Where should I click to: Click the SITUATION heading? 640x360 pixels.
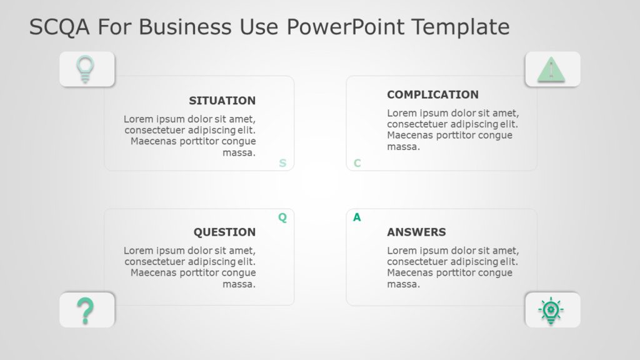click(222, 101)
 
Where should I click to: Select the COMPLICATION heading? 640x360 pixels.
click(432, 94)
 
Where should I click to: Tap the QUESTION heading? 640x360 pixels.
click(224, 232)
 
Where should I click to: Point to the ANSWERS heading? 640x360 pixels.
click(416, 232)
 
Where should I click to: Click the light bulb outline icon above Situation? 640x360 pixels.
click(85, 69)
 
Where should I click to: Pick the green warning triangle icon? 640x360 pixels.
click(551, 69)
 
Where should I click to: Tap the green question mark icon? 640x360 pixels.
click(85, 310)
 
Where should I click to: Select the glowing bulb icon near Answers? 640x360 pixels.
click(551, 310)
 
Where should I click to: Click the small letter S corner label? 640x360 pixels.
click(282, 164)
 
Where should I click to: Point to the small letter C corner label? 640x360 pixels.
click(357, 164)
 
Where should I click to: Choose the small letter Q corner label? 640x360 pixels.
click(282, 217)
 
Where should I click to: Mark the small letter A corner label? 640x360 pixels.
click(357, 217)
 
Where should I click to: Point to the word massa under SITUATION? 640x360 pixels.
click(239, 152)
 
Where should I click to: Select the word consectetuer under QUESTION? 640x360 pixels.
click(157, 262)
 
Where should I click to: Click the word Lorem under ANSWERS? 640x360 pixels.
click(401, 251)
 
